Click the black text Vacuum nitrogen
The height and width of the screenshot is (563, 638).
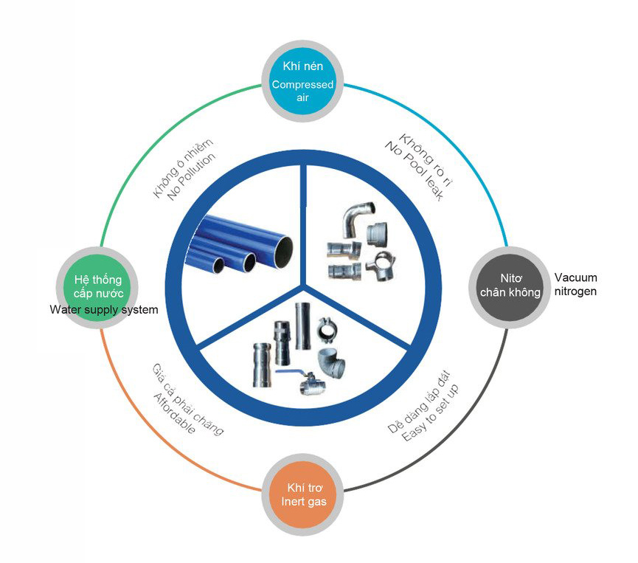click(575, 284)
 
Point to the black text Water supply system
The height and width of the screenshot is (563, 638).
click(103, 310)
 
